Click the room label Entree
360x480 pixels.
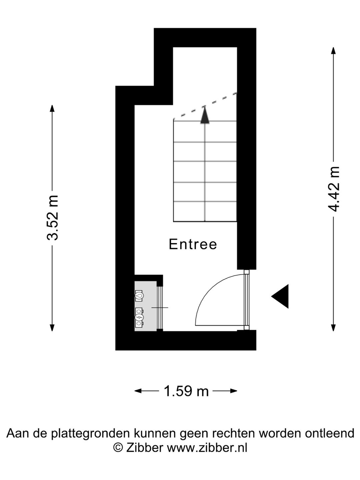pos(193,244)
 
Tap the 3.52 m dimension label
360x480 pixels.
pos(52,218)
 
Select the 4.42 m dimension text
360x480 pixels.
pos(333,189)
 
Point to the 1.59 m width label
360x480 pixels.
pos(186,391)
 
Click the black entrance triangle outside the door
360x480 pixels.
pos(281,296)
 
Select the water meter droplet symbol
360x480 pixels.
pos(139,295)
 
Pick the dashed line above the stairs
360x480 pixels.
pos(205,106)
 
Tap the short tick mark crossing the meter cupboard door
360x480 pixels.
pos(160,307)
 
